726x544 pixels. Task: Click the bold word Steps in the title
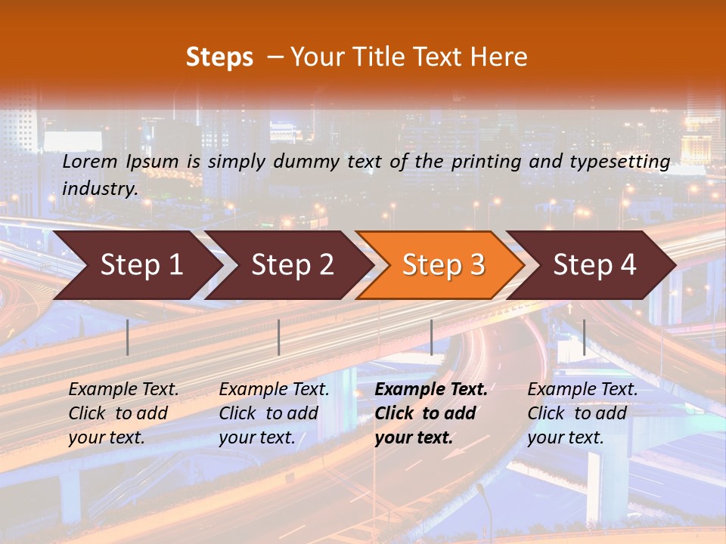point(219,57)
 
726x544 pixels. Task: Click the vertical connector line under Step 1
point(128,337)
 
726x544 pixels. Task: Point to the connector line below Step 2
point(279,337)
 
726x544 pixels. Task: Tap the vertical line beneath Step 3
point(431,337)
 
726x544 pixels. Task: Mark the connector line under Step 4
point(584,337)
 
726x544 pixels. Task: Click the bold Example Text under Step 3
point(431,413)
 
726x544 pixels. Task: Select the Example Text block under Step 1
point(123,413)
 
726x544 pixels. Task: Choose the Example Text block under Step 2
point(274,413)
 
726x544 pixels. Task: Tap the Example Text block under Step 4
point(582,413)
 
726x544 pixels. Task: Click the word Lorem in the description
point(90,162)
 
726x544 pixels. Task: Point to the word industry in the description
point(99,189)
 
